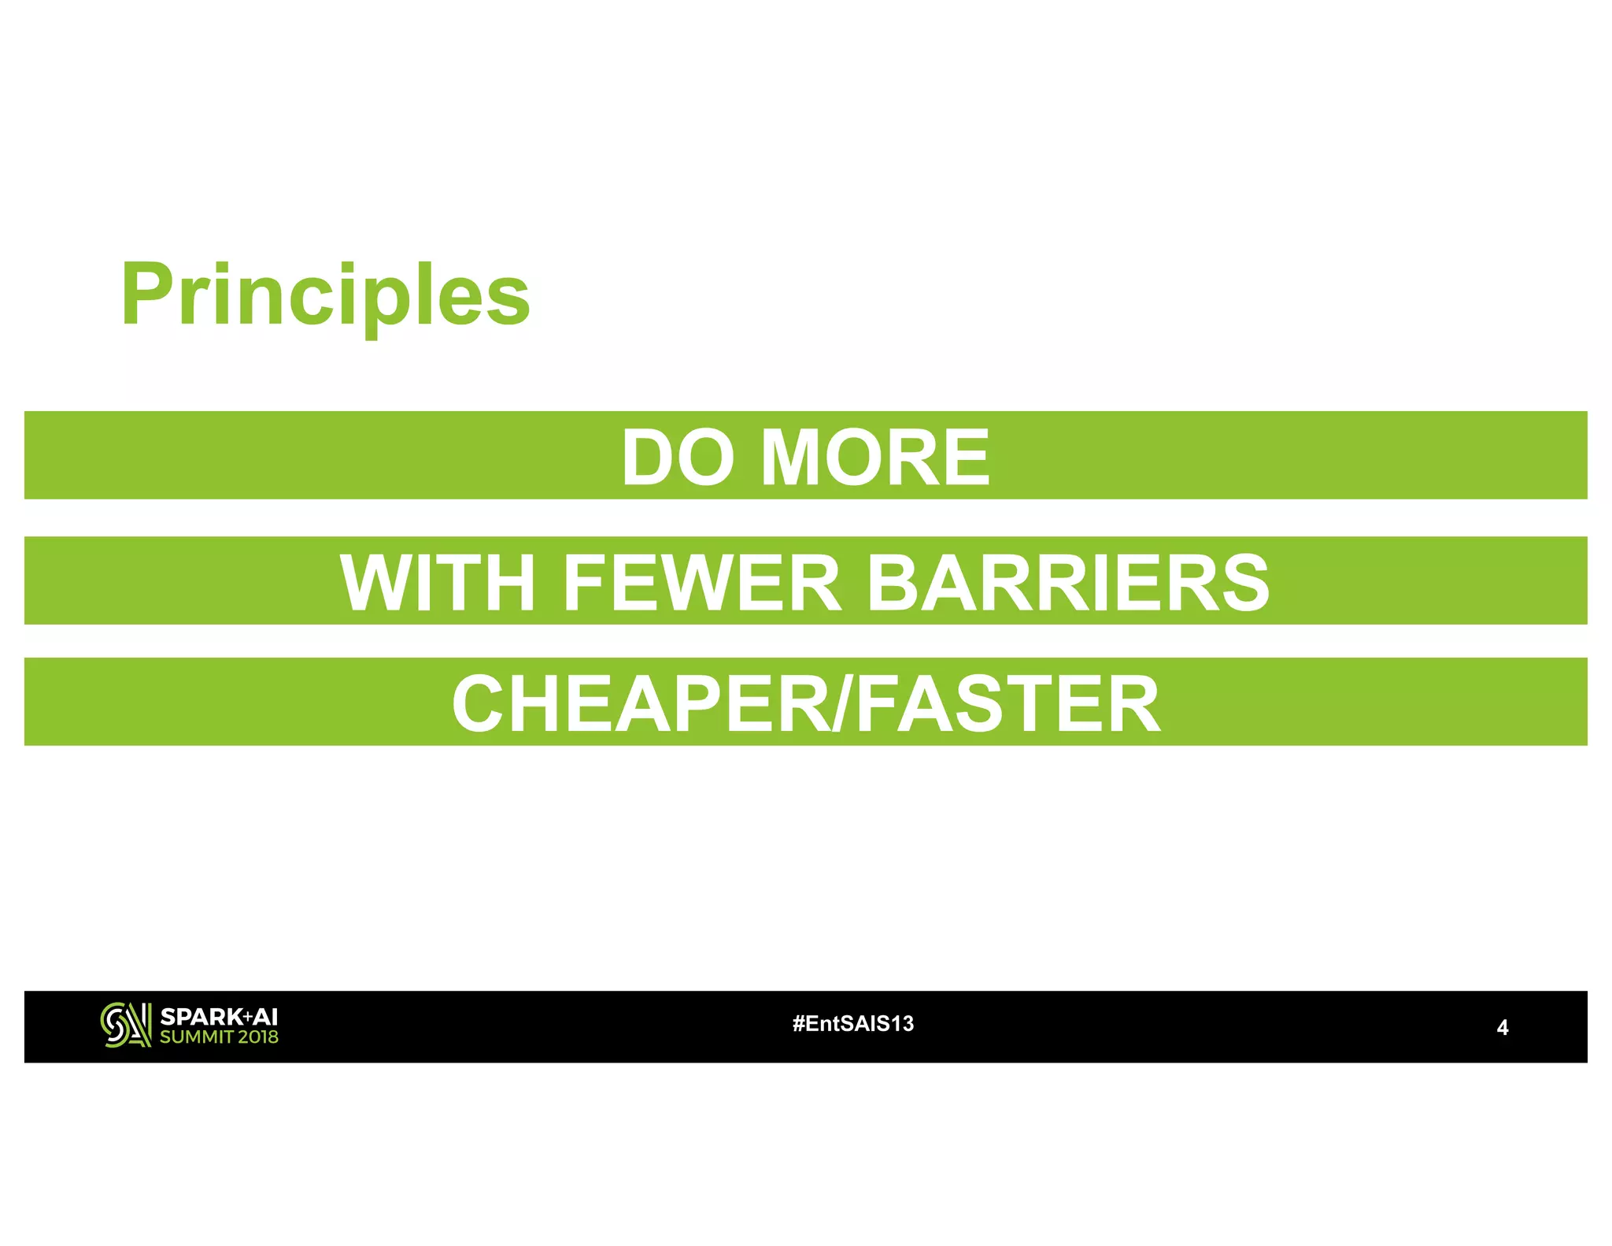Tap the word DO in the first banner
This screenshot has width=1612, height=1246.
click(x=678, y=458)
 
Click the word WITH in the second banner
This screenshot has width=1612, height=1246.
click(x=438, y=583)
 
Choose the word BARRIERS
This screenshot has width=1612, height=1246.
click(x=1067, y=583)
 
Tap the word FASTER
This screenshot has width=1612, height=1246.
click(x=1007, y=704)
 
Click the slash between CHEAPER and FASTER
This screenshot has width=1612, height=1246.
click(x=841, y=704)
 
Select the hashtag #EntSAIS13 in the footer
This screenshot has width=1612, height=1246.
click(x=853, y=1024)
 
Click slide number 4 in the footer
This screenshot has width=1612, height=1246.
click(x=1502, y=1028)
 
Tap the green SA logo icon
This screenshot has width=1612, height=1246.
click(x=125, y=1025)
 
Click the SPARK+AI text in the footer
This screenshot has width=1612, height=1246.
click(x=219, y=1016)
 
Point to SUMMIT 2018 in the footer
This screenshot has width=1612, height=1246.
click(x=219, y=1037)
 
